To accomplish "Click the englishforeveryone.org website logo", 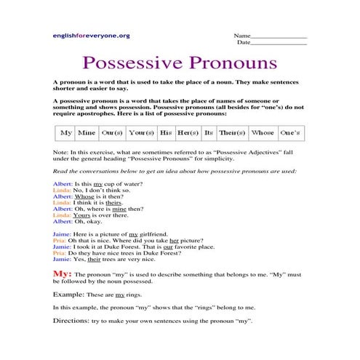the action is click(x=91, y=35).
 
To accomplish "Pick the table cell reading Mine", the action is click(x=87, y=133).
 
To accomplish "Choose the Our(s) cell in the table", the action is click(x=112, y=133).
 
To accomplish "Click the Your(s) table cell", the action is click(x=141, y=133).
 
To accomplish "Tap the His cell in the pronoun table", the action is click(x=166, y=133).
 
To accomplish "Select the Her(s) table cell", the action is click(x=188, y=133).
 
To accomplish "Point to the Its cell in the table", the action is click(x=209, y=133).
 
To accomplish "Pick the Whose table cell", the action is click(x=262, y=133).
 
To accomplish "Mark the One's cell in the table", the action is click(x=290, y=133).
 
